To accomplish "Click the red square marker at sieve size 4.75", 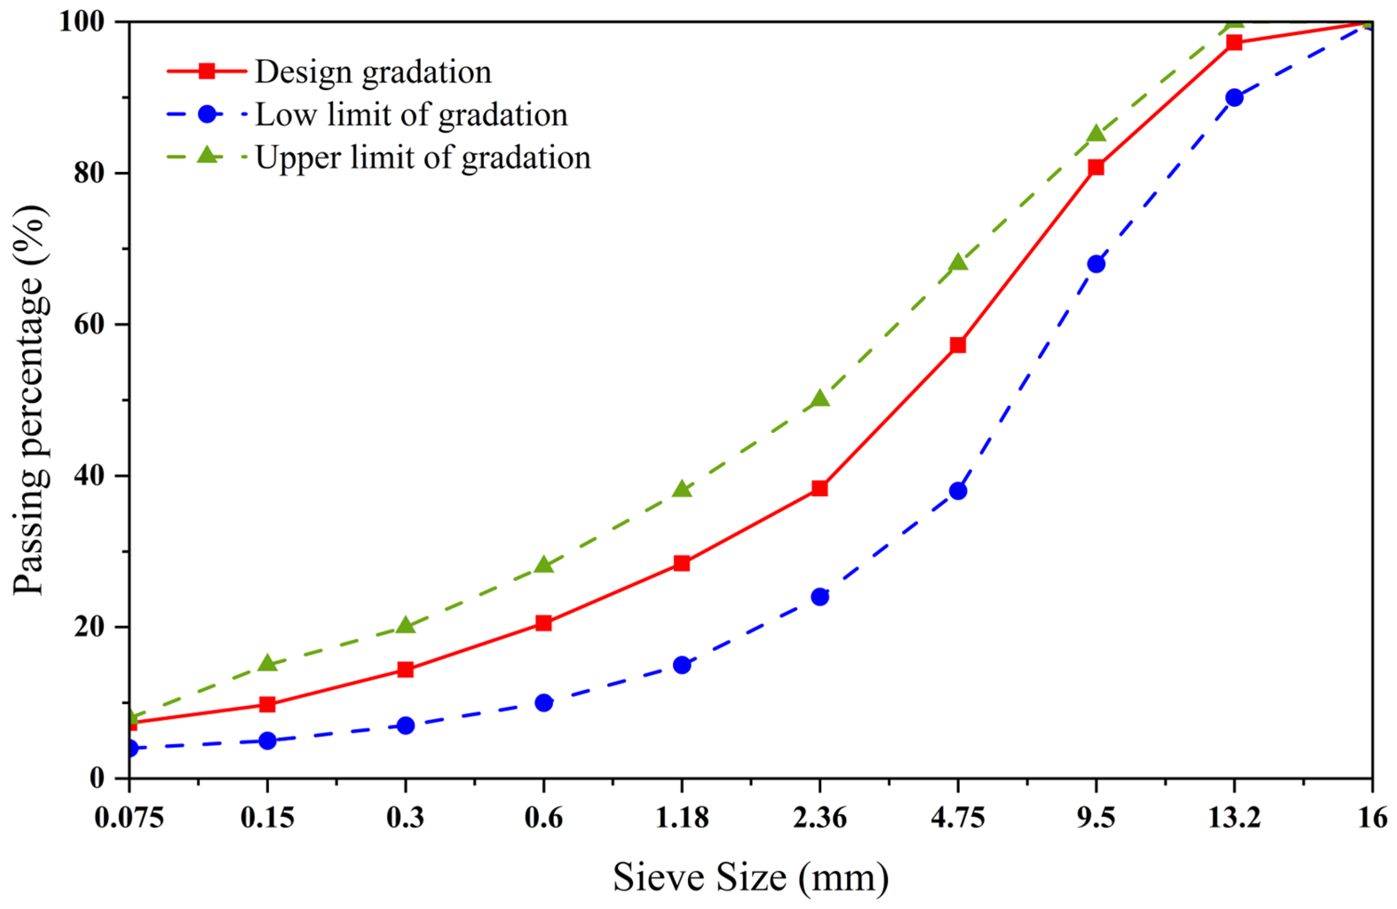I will tap(958, 345).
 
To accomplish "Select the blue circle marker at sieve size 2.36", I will tap(820, 597).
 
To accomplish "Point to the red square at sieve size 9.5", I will tap(1096, 168).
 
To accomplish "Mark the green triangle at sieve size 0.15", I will tap(268, 663).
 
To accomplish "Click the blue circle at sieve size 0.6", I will tap(543, 703).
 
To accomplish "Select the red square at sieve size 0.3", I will tap(406, 669).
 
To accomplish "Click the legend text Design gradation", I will tap(373, 73).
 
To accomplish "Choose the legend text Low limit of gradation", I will tap(412, 115).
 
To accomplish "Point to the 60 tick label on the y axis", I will tap(89, 325).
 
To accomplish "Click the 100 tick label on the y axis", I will tap(82, 22).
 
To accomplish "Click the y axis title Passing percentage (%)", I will tap(29, 399).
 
